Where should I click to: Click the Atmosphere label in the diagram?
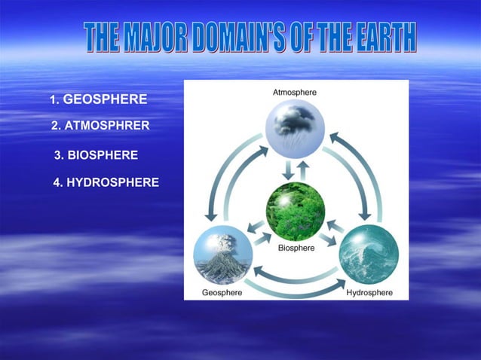point(294,92)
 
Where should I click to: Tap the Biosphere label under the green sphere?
point(296,247)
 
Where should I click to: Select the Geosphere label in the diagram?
point(222,292)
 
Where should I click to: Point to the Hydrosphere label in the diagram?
point(369,292)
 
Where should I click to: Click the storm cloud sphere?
point(294,126)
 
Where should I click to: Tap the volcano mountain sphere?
point(222,255)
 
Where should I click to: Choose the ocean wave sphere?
point(369,255)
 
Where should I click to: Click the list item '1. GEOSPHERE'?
point(98,99)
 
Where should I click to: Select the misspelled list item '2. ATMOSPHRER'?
point(100,126)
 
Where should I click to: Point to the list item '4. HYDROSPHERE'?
point(106,182)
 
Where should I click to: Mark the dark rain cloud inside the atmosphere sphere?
point(295,117)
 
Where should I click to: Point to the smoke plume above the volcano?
point(225,242)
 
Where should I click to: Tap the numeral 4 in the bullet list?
point(57,182)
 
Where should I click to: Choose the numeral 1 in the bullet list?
point(53,99)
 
